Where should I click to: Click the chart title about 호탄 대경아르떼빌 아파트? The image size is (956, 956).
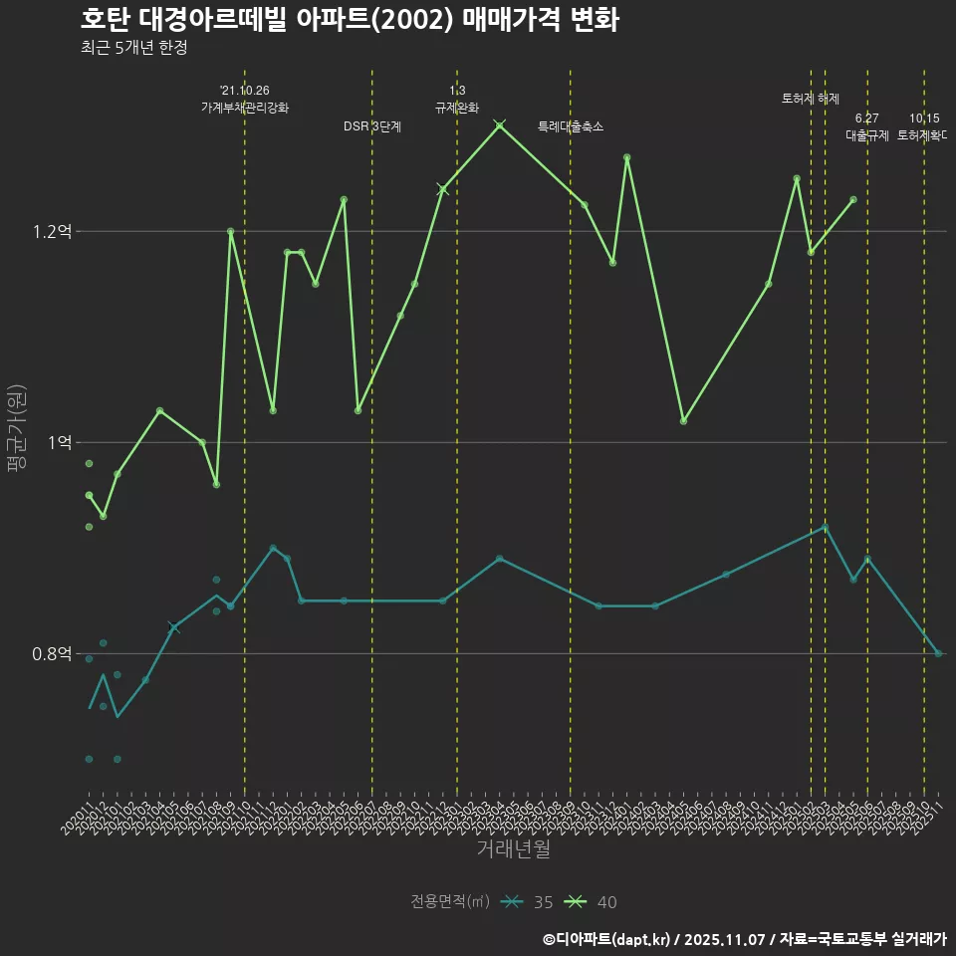point(350,20)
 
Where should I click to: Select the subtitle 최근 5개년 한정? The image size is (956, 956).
point(134,48)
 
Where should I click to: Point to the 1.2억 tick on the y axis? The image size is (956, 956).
point(53,232)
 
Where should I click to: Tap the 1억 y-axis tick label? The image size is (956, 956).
point(60,443)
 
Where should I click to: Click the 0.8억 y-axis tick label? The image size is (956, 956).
point(53,654)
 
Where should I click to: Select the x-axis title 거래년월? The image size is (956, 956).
point(513,849)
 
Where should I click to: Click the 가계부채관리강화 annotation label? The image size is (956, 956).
point(245,108)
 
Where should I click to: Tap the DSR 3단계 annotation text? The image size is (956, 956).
point(372,126)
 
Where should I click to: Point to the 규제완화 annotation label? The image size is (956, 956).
point(457,108)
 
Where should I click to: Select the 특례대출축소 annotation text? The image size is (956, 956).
point(571,126)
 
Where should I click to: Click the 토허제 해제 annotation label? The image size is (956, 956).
point(811,99)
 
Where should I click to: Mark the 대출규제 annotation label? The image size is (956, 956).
point(867,135)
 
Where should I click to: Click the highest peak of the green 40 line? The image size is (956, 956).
point(500,125)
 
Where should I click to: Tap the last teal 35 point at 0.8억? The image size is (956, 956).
point(938,653)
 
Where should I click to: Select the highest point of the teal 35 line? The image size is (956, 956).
point(825,527)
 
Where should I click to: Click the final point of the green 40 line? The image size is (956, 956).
point(853,199)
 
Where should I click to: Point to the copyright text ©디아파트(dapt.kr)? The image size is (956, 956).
point(611,938)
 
